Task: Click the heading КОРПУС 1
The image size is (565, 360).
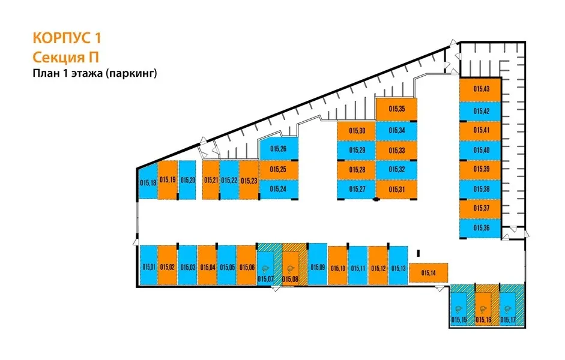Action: [x=67, y=39]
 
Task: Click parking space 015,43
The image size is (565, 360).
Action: [x=480, y=89]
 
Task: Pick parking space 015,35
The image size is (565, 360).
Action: [x=396, y=109]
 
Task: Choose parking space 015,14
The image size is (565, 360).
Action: [x=429, y=272]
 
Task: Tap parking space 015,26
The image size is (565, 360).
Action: [x=278, y=149]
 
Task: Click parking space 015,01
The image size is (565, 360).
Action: [x=148, y=266]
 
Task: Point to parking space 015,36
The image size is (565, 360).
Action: [x=480, y=228]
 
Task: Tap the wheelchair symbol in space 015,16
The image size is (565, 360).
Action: [x=484, y=307]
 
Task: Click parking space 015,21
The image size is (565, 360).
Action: [x=210, y=180]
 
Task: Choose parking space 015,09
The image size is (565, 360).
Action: [x=318, y=266]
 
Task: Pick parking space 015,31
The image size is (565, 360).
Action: [x=396, y=189]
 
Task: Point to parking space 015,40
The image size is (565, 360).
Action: [x=480, y=150]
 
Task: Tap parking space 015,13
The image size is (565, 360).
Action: [x=399, y=267]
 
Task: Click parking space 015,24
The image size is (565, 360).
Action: [x=278, y=188]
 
